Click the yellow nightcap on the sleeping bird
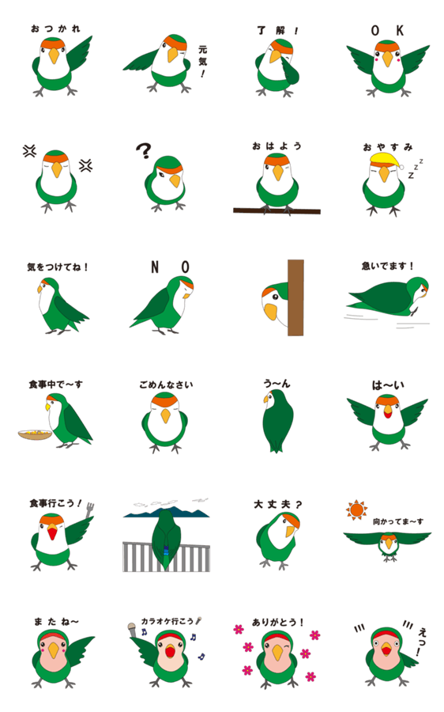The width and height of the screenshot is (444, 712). click(386, 160)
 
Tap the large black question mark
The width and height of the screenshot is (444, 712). click(144, 151)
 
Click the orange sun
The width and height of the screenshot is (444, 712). click(356, 509)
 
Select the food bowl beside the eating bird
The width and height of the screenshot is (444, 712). click(35, 434)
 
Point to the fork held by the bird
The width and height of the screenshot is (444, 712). click(89, 511)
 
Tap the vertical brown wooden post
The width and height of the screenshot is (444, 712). click(295, 297)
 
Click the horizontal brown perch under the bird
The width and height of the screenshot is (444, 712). click(277, 210)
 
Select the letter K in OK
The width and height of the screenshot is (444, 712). click(399, 30)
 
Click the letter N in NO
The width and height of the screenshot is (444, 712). click(155, 267)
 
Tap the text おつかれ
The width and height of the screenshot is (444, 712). click(55, 28)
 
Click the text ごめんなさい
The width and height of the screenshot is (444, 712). click(166, 384)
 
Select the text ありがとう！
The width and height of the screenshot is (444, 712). click(277, 622)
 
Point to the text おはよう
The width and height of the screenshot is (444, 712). click(277, 146)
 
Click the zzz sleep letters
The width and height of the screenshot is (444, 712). click(416, 169)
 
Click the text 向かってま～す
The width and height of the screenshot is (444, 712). click(397, 522)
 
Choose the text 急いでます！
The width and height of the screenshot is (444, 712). click(387, 266)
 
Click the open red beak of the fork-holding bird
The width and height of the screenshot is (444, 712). click(53, 532)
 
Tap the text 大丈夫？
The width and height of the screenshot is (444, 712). click(277, 504)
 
